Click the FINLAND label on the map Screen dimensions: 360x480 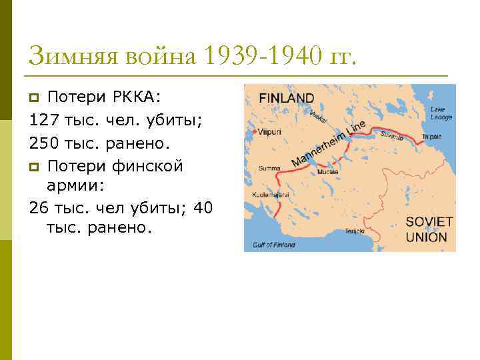point(287,98)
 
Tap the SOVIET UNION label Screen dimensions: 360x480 point(429,229)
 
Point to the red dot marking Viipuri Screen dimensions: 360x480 point(255,132)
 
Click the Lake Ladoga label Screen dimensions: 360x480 point(441,113)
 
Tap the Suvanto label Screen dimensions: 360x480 point(392,136)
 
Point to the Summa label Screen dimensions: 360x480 point(269,168)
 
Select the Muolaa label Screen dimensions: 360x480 point(329,172)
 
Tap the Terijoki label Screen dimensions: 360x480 point(354,231)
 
